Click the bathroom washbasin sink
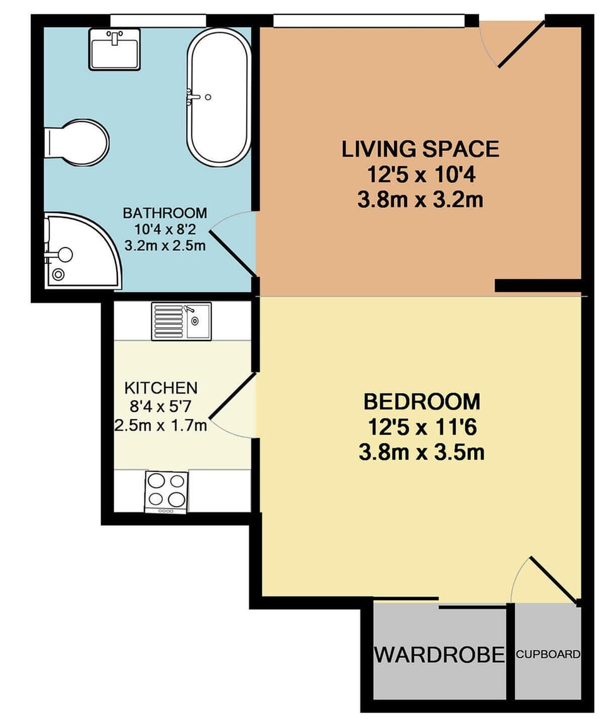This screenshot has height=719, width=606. tap(114, 48)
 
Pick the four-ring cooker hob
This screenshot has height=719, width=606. tap(166, 492)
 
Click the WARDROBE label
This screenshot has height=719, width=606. tap(439, 655)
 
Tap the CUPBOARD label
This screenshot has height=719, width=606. tap(547, 655)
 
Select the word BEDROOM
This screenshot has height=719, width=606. tap(422, 402)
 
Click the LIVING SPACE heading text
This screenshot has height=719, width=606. tap(420, 150)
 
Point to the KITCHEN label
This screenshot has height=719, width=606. tap(161, 387)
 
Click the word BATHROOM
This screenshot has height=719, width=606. tap(165, 212)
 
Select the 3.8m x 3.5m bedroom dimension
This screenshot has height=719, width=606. tap(422, 452)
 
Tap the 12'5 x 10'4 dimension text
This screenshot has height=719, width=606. tap(420, 175)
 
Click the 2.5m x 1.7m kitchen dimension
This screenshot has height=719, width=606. tap(161, 425)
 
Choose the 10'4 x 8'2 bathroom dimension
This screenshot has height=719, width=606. tap(165, 229)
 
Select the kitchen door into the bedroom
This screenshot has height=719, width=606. tap(232, 404)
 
